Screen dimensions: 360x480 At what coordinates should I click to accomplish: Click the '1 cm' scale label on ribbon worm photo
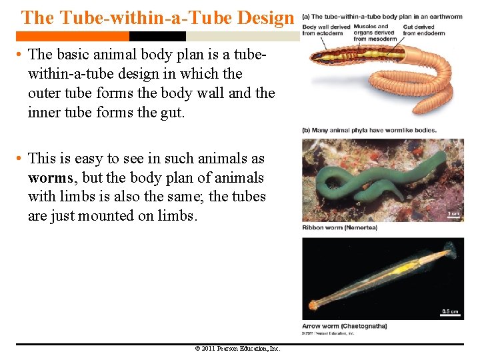pyautogui.click(x=453, y=214)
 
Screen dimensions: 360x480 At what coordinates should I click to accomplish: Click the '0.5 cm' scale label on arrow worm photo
pyautogui.click(x=451, y=310)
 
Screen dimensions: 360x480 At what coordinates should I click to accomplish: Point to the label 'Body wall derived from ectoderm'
pyautogui.click(x=317, y=30)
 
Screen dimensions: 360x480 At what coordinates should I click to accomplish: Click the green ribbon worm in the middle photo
pyautogui.click(x=360, y=183)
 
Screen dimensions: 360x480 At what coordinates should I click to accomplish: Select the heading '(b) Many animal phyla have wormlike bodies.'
pyautogui.click(x=369, y=131)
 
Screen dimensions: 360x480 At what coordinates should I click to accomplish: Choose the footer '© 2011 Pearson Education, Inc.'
pyautogui.click(x=237, y=349)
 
